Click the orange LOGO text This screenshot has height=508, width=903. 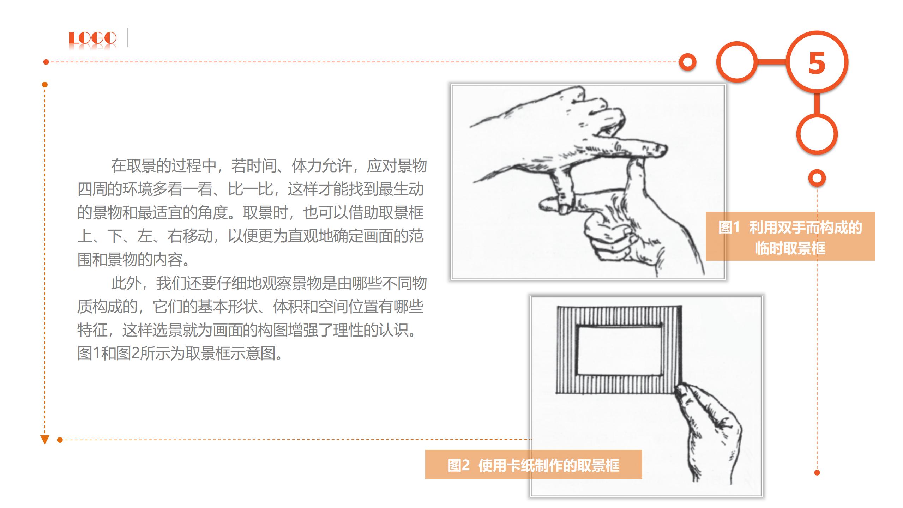click(92, 38)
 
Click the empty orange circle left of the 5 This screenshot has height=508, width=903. click(737, 62)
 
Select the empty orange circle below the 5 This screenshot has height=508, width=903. click(817, 134)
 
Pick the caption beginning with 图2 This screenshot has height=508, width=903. click(533, 465)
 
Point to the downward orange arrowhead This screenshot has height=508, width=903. click(45, 440)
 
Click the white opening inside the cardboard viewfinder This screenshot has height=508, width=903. click(619, 351)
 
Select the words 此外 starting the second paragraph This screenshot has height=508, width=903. click(126, 284)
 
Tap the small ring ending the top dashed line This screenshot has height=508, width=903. click(687, 62)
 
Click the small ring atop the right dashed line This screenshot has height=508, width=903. click(817, 178)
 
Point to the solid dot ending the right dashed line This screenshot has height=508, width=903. click(817, 473)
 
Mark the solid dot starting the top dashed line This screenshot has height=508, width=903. click(46, 62)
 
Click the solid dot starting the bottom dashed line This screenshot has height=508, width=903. click(60, 440)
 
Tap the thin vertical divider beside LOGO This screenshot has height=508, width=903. click(127, 37)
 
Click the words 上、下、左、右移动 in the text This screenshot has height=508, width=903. click(145, 236)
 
